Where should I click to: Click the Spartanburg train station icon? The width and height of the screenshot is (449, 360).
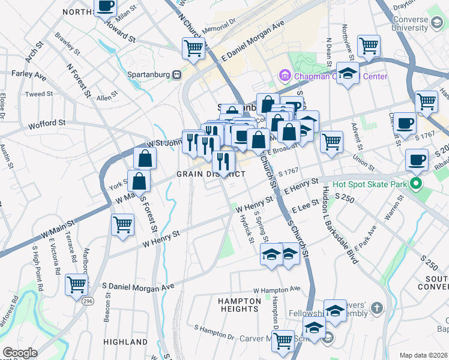[176, 75]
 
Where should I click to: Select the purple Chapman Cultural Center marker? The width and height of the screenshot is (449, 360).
[284, 76]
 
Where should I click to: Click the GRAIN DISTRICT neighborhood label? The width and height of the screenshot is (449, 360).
[211, 174]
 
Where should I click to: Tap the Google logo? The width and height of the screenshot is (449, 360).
[20, 353]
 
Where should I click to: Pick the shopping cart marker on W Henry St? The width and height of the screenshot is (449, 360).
[123, 225]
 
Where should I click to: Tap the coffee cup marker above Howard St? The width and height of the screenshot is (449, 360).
[106, 7]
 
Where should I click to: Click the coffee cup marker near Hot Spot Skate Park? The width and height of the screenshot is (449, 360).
[417, 160]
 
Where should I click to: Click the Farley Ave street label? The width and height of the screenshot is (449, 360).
[29, 76]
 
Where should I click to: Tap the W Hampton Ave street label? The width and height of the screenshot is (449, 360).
[276, 290]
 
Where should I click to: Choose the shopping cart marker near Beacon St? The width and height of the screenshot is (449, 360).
[77, 284]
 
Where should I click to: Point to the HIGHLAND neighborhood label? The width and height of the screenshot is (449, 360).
[125, 342]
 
